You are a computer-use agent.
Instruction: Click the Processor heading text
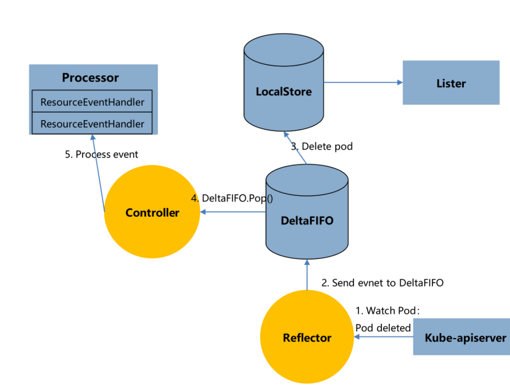[x=90, y=78]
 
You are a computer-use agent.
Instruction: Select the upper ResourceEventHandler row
[x=92, y=102]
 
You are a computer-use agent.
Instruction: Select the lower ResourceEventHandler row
[x=92, y=124]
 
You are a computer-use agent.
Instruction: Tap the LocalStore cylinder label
[x=284, y=91]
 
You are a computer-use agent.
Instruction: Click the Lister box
[x=451, y=83]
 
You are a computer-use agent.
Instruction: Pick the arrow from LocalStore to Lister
[x=363, y=82]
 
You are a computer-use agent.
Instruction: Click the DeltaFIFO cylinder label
[x=307, y=221]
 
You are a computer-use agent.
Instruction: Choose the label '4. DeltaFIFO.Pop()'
[x=231, y=199]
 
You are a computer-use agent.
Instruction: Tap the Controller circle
[x=152, y=212]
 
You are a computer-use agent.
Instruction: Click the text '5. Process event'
[x=102, y=155]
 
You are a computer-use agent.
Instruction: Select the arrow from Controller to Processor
[x=98, y=172]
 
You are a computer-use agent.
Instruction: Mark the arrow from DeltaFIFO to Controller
[x=233, y=212]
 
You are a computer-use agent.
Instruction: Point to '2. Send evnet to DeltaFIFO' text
[x=382, y=283]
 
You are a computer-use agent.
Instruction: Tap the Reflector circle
[x=307, y=338]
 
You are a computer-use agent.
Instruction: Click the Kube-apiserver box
[x=461, y=337]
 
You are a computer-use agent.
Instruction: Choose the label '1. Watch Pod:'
[x=388, y=311]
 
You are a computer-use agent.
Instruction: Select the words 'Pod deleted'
[x=383, y=328]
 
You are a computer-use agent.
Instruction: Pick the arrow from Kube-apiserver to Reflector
[x=383, y=337]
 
